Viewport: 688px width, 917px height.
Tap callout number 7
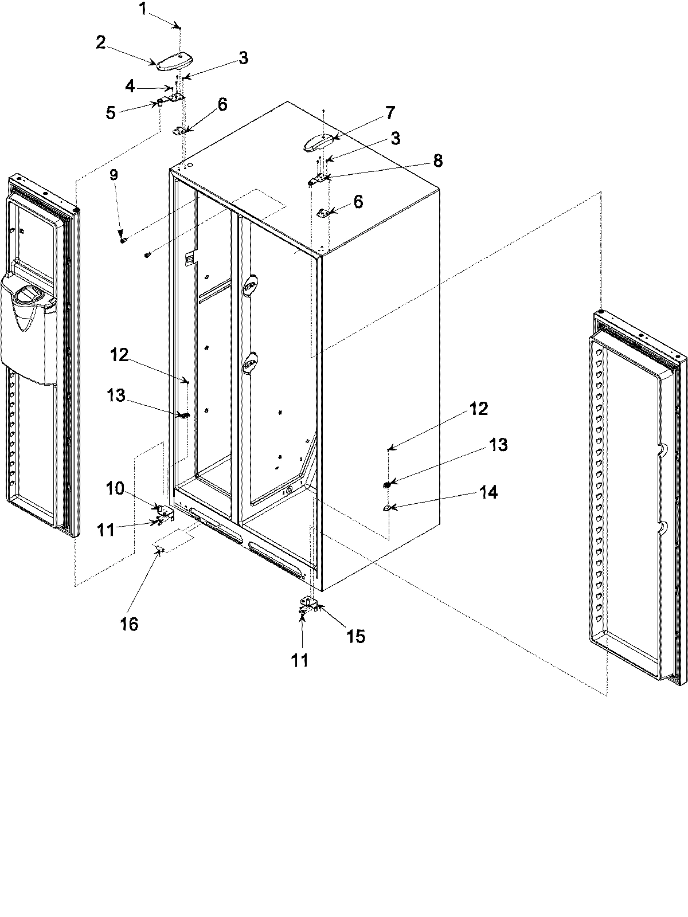[389, 113]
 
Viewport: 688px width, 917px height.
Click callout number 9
[114, 175]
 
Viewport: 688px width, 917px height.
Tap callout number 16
[130, 624]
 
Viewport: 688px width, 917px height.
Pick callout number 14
[489, 492]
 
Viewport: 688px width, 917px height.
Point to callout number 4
[130, 87]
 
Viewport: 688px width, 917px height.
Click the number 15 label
[355, 636]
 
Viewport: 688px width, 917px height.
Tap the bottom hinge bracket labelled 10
[164, 510]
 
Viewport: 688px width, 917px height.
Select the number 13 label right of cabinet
[499, 445]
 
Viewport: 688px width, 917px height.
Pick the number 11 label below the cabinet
[299, 660]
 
